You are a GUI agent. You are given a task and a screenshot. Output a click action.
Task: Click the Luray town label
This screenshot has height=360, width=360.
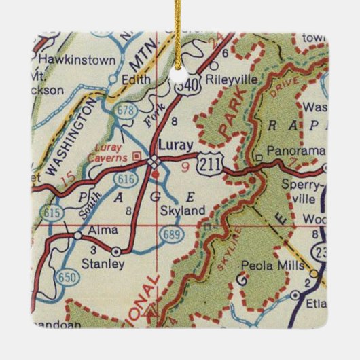coord(174,145)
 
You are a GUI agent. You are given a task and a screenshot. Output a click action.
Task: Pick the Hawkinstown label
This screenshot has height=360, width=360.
coord(76,60)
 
